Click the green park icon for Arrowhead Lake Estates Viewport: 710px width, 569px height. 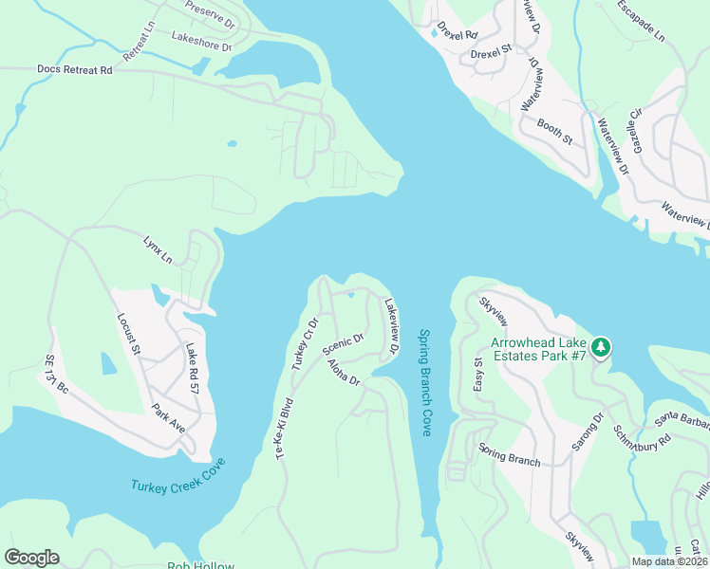tap(600, 348)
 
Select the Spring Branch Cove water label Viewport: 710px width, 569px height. tap(425, 383)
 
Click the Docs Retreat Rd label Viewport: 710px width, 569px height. tap(74, 70)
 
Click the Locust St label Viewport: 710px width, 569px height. tap(128, 335)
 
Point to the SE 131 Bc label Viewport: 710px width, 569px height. tap(57, 376)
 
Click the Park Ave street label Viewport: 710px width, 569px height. tap(168, 418)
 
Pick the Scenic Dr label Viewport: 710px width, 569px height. tap(344, 342)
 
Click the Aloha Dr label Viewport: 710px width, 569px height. tap(344, 373)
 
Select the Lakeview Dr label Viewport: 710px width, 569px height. tap(390, 327)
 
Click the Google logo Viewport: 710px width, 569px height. tap(31, 558)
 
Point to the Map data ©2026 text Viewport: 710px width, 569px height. tap(669, 561)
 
